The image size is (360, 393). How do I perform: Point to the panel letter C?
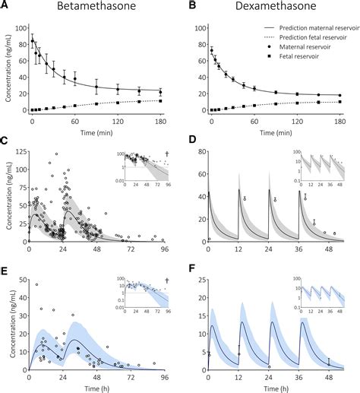pos(5,141)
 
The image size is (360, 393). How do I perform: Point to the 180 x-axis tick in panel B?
pos(339,120)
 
